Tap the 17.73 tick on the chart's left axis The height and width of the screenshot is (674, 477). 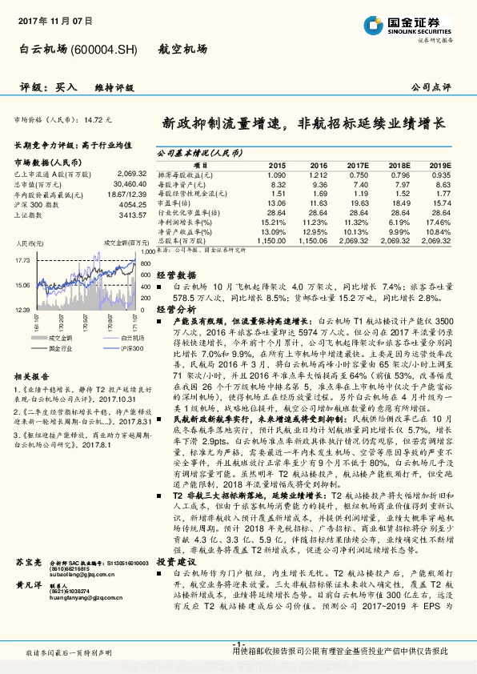[x=22, y=261]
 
